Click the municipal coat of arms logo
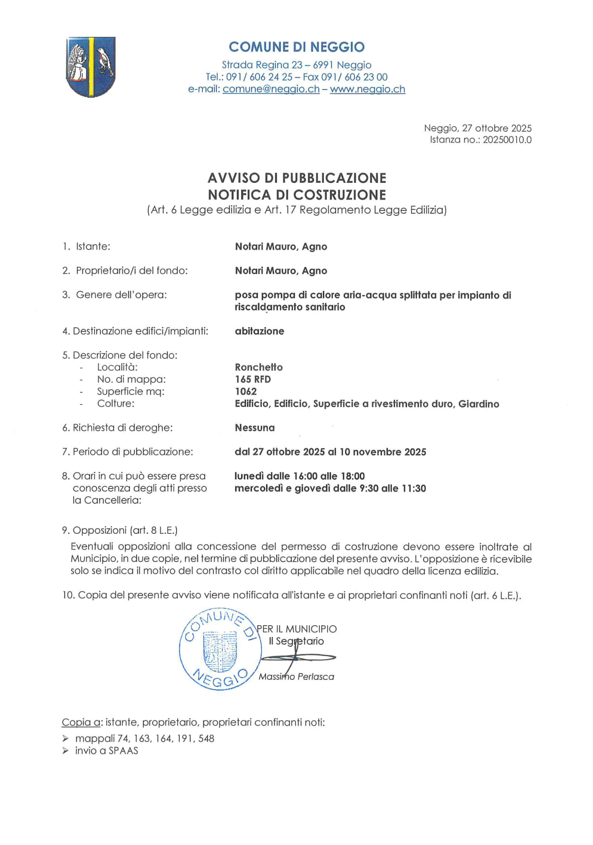(91, 67)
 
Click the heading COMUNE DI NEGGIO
(296, 47)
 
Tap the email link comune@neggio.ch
(271, 89)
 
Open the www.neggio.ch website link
(367, 89)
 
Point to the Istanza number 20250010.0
(506, 140)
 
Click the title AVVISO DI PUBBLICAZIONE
(297, 178)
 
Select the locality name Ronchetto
(258, 367)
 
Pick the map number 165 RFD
(252, 379)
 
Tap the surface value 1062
(246, 392)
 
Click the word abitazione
(259, 331)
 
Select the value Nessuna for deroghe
(254, 428)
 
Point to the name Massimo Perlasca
(296, 677)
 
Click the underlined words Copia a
(81, 723)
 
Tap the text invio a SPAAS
(106, 751)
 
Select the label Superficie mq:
(130, 392)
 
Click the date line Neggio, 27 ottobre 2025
(477, 128)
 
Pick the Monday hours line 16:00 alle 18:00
(300, 476)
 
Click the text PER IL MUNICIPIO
(297, 629)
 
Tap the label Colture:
(115, 404)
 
